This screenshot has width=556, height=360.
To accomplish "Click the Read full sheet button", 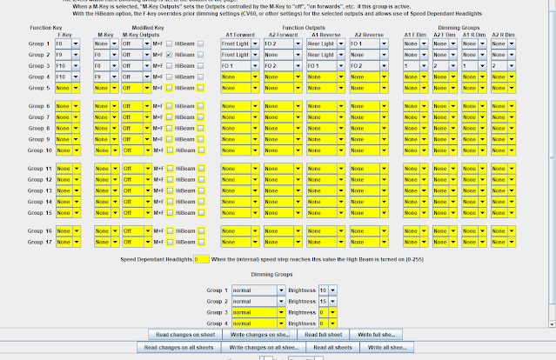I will click(324, 334).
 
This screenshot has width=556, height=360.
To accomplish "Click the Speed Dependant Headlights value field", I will click(201, 259).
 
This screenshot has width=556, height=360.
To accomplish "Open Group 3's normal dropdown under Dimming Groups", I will click(258, 310).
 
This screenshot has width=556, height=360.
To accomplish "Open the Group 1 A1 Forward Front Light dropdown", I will click(238, 43).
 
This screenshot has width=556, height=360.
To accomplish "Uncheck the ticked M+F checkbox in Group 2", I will click(168, 54).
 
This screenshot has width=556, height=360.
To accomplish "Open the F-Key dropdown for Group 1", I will click(68, 43).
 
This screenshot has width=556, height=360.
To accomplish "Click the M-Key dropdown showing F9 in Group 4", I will click(105, 77).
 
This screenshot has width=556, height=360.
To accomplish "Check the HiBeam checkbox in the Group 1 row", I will click(201, 43).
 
